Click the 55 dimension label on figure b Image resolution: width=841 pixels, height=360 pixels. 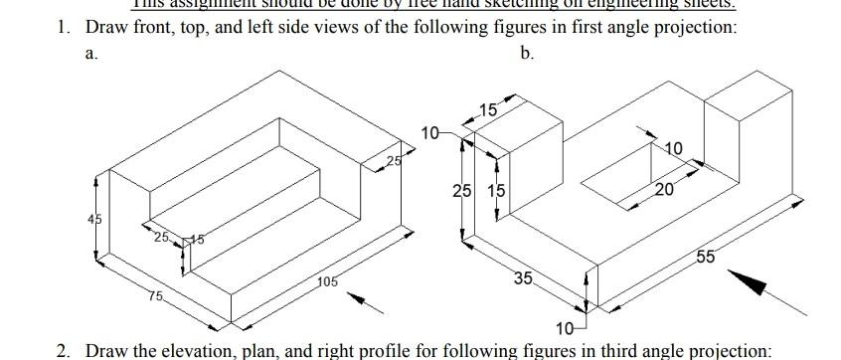click(704, 257)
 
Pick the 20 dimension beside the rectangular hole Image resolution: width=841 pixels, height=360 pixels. click(664, 189)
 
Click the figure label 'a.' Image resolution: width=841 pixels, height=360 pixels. click(91, 55)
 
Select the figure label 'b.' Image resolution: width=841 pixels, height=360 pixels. click(527, 55)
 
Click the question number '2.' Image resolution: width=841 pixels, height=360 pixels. click(64, 351)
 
